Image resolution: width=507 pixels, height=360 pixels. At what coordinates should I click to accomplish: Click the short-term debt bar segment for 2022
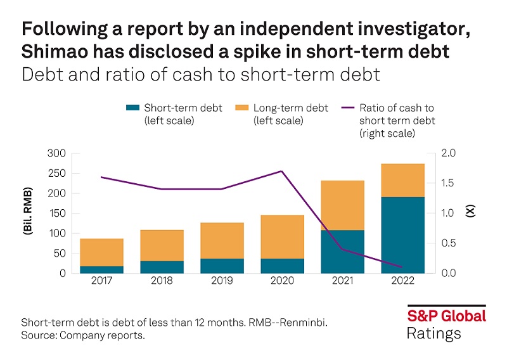402,235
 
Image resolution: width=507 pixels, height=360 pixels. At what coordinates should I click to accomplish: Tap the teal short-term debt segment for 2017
101,269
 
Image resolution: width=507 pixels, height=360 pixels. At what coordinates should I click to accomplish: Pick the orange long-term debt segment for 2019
222,240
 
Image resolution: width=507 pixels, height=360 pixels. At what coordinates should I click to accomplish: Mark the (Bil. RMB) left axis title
29,213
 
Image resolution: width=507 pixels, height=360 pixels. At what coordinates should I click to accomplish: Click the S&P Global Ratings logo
446,323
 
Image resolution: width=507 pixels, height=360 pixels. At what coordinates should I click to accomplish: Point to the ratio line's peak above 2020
282,171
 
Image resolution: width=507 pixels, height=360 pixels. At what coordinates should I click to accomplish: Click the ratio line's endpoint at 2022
402,267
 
